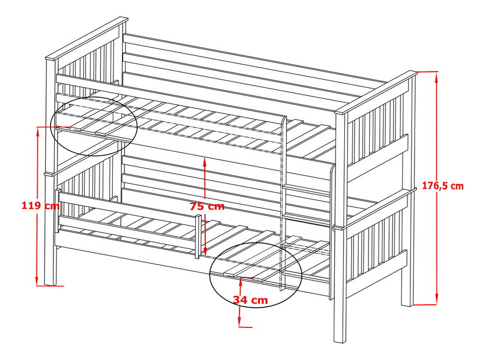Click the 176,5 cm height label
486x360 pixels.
coord(442,186)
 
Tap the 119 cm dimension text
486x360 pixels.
coord(40,205)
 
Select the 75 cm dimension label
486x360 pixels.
coord(207,206)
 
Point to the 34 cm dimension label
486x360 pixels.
coord(251,300)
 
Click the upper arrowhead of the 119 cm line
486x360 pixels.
coord(37,132)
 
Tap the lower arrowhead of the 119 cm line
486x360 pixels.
coord(37,280)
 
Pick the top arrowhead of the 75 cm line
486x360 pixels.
coord(205,163)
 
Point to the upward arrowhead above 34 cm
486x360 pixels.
coord(241,282)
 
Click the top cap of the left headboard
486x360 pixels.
coord(87,38)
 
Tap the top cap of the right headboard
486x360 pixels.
coord(376,92)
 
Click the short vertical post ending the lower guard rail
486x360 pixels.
coord(198,236)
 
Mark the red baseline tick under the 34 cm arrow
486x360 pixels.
coord(245,326)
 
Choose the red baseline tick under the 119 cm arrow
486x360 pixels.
coord(50,286)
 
